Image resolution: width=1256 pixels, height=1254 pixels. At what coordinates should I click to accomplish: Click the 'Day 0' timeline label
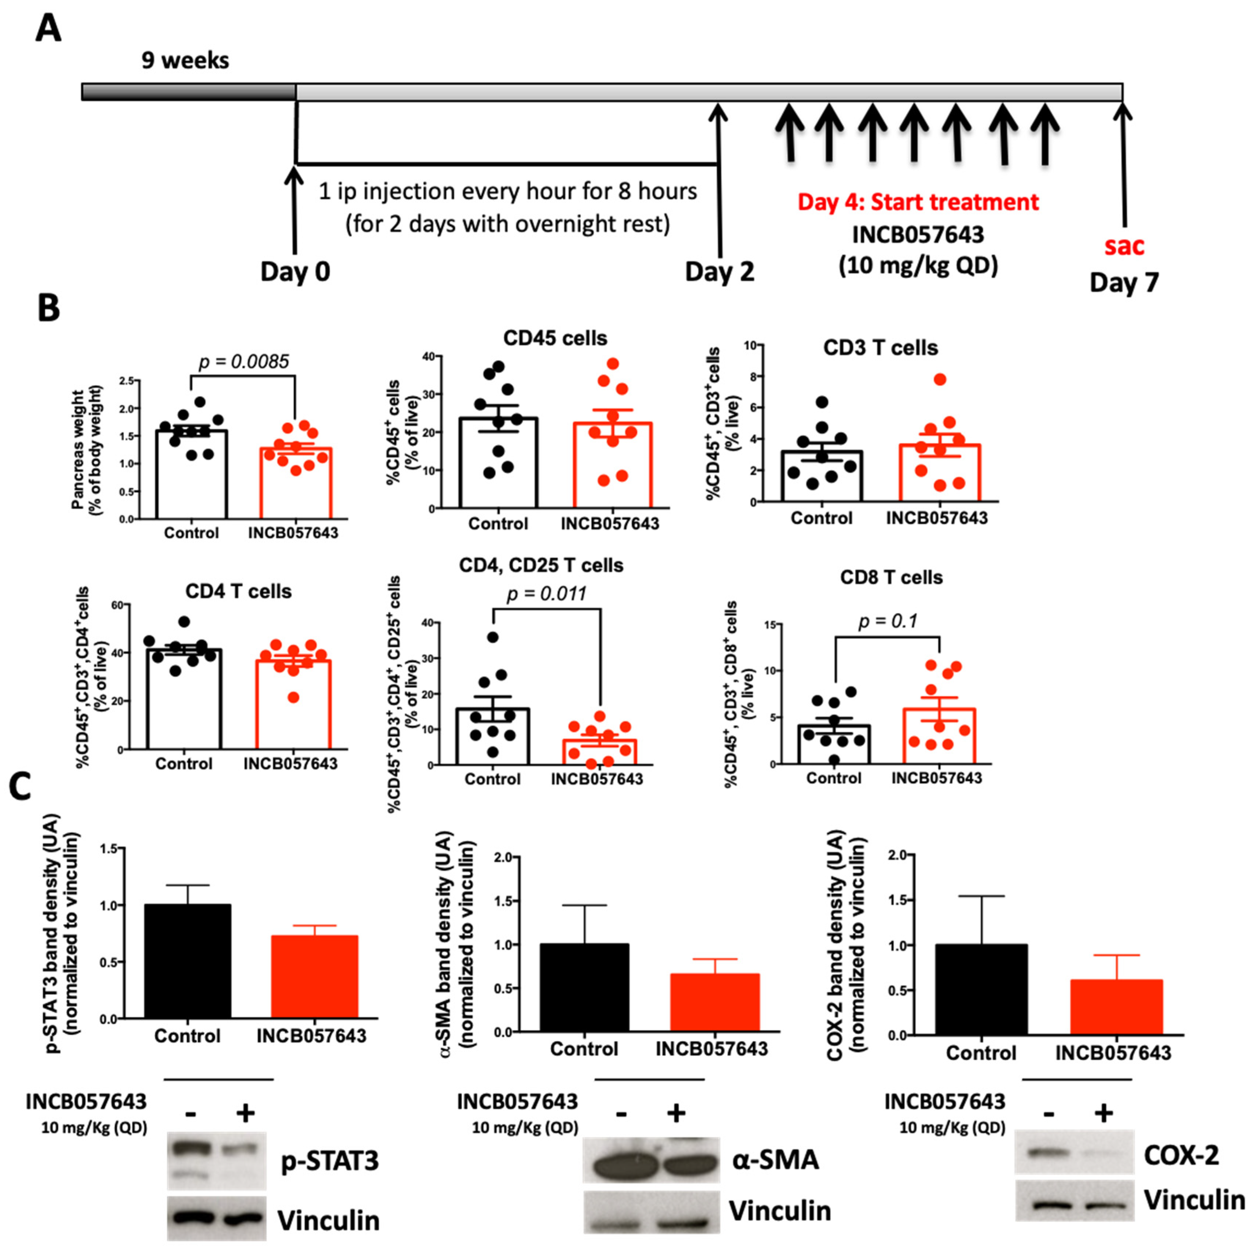(x=295, y=271)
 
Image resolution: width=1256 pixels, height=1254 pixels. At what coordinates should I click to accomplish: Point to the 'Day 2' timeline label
(x=720, y=271)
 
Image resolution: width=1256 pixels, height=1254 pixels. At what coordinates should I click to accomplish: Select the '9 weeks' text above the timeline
(x=185, y=60)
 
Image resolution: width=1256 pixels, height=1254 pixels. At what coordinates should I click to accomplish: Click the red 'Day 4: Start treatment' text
(x=918, y=202)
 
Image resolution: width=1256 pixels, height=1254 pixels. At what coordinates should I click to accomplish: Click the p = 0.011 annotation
(x=546, y=593)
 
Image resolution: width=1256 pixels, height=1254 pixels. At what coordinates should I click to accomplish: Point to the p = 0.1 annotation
(x=888, y=621)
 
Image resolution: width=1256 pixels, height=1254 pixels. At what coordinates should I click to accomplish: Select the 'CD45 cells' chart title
(x=555, y=338)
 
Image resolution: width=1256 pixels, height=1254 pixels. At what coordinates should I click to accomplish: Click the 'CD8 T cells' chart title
(x=891, y=577)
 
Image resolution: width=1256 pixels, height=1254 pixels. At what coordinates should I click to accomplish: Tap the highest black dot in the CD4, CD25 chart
(x=493, y=637)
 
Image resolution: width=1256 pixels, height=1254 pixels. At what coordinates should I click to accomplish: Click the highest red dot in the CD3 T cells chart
(x=939, y=379)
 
